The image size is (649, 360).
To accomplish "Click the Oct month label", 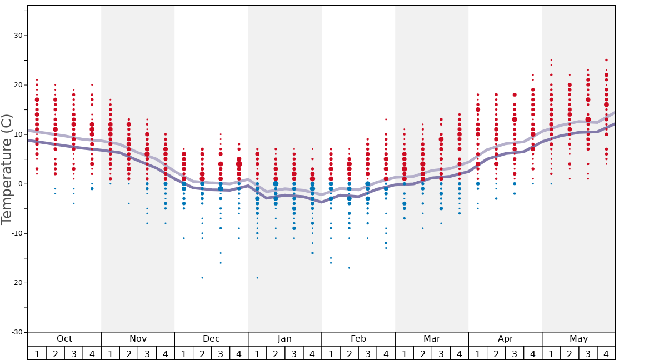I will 64,339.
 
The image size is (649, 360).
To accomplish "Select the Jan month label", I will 284,339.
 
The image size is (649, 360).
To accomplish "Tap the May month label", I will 578,339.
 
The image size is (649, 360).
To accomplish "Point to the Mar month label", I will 432,339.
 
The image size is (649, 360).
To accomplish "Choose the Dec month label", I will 211,339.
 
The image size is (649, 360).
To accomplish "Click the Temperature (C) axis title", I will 7,169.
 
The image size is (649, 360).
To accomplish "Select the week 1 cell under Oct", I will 37,353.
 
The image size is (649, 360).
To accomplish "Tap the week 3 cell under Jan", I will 294,353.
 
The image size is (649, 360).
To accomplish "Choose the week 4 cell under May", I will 606,353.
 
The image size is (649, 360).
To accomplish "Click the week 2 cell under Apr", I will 496,353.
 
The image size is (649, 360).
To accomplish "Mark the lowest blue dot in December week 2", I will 202,278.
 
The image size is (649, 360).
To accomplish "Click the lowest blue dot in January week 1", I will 257,278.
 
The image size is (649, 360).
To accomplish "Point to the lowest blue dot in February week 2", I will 349,268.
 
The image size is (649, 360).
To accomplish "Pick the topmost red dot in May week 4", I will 606,60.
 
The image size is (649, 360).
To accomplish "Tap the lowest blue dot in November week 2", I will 129,203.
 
